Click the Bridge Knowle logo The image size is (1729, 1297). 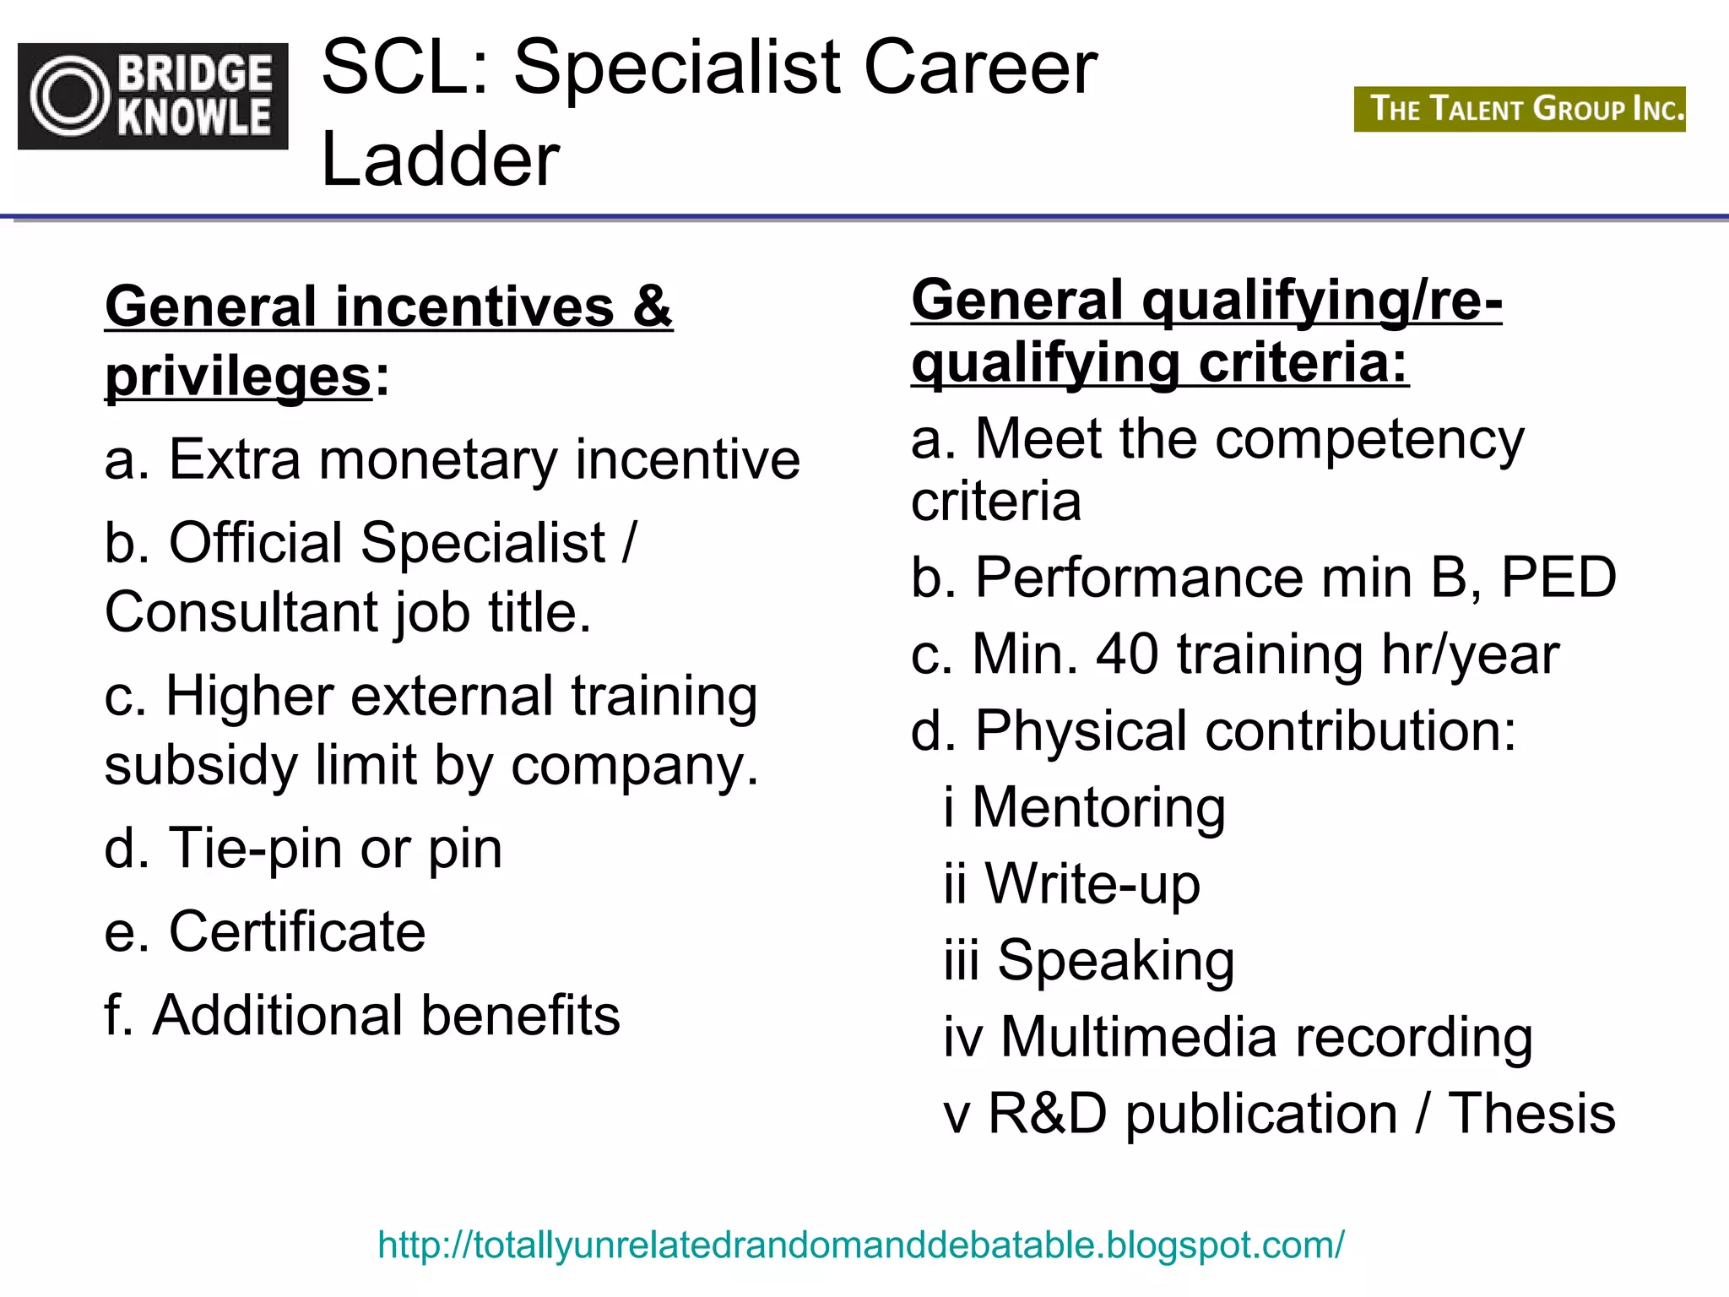click(153, 96)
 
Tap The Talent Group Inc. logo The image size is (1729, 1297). click(1519, 109)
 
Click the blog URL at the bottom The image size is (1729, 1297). click(860, 1245)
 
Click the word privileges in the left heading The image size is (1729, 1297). click(239, 377)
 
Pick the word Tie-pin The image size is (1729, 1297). click(255, 848)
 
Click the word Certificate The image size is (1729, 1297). click(297, 931)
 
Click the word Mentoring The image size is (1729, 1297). click(1098, 807)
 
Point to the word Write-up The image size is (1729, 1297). click(1092, 884)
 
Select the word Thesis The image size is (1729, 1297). click(1531, 1113)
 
